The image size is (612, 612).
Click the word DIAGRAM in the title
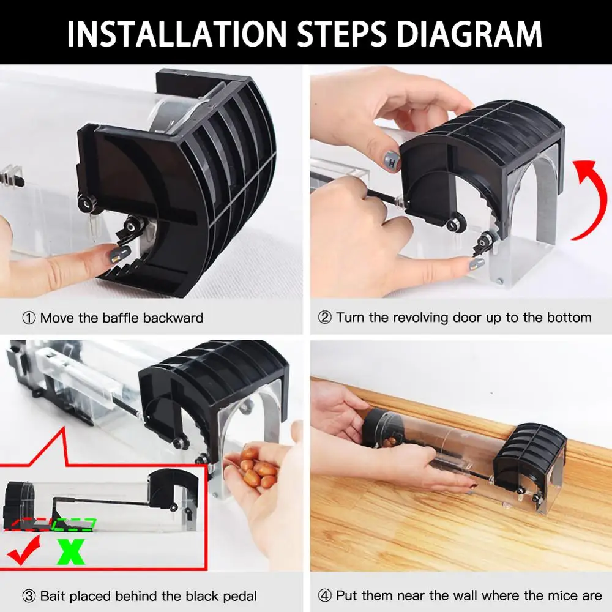(469, 34)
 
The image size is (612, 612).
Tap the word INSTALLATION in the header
(177, 34)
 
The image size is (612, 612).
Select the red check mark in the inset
(24, 550)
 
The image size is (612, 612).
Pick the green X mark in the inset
(70, 551)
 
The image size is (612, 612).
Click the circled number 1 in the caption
(29, 318)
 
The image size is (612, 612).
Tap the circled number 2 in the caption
(324, 318)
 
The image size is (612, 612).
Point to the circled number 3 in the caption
(29, 596)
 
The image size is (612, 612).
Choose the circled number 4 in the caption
(324, 595)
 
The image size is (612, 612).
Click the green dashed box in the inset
(73, 524)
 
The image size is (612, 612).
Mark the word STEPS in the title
(341, 34)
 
